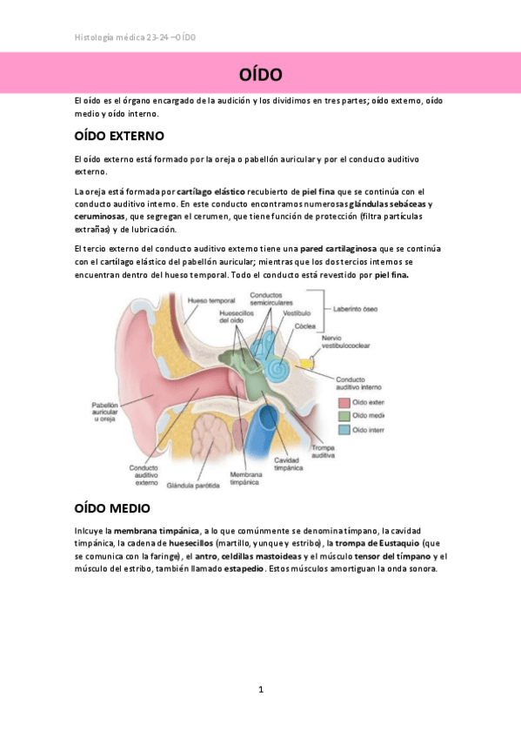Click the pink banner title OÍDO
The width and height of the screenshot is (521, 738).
(x=260, y=73)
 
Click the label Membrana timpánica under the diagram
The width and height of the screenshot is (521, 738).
(x=246, y=478)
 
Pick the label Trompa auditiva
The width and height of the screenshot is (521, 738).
(x=324, y=451)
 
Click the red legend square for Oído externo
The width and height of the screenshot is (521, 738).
(x=344, y=402)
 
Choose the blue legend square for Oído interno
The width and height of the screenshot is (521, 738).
(x=344, y=429)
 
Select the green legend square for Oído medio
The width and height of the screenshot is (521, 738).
(x=344, y=416)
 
